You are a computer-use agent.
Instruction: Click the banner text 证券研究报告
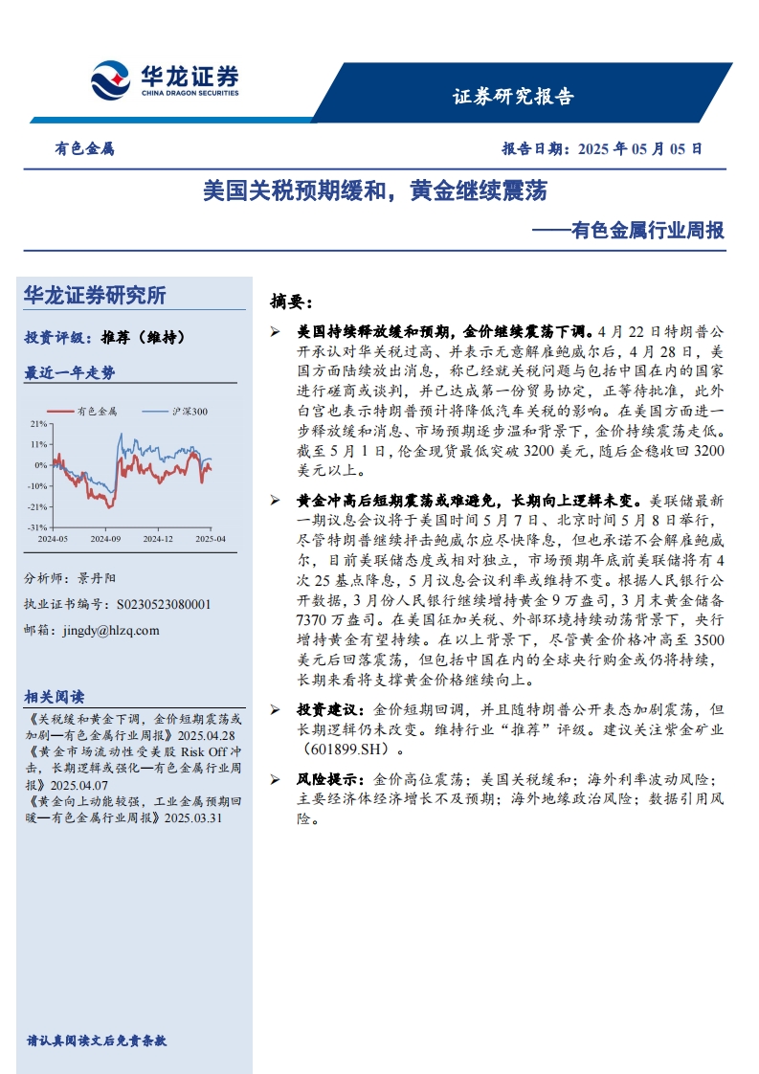pos(513,96)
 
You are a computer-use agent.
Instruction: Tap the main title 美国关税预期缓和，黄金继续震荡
pos(374,190)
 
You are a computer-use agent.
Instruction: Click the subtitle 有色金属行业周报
pos(646,231)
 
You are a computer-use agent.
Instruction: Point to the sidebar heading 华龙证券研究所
pos(95,296)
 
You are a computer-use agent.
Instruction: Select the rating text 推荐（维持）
pos(142,337)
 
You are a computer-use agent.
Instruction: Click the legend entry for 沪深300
pos(189,412)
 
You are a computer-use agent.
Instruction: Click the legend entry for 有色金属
pos(96,412)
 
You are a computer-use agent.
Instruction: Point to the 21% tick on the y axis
pos(38,423)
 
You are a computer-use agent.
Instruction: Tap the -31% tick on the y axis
pos(37,527)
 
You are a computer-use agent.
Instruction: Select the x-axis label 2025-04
pos(211,539)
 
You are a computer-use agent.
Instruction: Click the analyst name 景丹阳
pos(95,578)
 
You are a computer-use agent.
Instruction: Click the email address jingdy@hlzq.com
pos(108,630)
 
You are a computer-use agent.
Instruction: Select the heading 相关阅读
pos(54,696)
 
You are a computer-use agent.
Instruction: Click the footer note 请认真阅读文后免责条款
pos(97,1040)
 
